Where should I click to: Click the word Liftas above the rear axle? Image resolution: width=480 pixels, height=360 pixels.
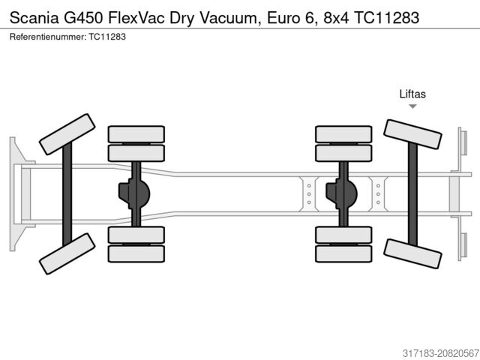[x=412, y=94]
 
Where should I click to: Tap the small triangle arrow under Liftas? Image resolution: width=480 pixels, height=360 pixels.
[x=412, y=106]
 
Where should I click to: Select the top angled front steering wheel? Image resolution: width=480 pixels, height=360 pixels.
[x=67, y=133]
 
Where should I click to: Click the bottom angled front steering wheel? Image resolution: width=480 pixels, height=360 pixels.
[x=67, y=253]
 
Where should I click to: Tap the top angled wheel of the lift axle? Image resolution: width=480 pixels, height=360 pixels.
[x=412, y=133]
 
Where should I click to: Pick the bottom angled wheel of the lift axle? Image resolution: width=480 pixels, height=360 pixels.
[x=412, y=253]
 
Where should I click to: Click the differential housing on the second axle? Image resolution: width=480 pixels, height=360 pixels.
[x=134, y=194]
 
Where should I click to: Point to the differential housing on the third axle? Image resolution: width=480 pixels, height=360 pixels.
[x=341, y=194]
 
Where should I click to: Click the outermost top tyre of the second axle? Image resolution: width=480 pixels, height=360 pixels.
[x=136, y=134]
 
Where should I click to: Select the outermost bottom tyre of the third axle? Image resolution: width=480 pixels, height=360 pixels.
[x=343, y=253]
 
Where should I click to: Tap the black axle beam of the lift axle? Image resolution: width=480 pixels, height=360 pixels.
[x=412, y=193]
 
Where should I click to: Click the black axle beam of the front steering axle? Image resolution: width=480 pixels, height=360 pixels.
[x=67, y=193]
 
